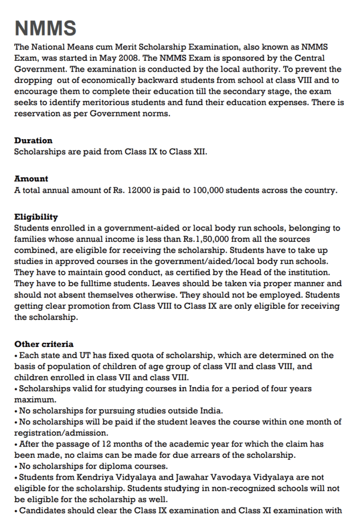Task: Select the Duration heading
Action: [x=33, y=140]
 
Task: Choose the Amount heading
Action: [x=31, y=179]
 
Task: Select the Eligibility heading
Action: [x=36, y=217]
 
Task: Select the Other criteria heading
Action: [x=44, y=344]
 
